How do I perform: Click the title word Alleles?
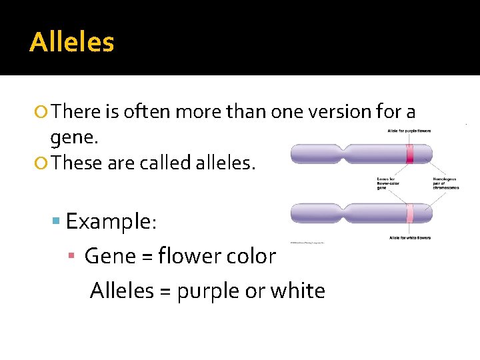coord(72,43)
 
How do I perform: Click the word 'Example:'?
coord(111,221)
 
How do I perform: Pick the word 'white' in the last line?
coord(298,291)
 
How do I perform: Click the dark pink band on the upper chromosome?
coord(411,155)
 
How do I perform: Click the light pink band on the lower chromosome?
coord(411,213)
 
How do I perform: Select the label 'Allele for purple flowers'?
coord(409,131)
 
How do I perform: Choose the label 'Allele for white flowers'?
coord(409,237)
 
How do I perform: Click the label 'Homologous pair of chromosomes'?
coord(446,183)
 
